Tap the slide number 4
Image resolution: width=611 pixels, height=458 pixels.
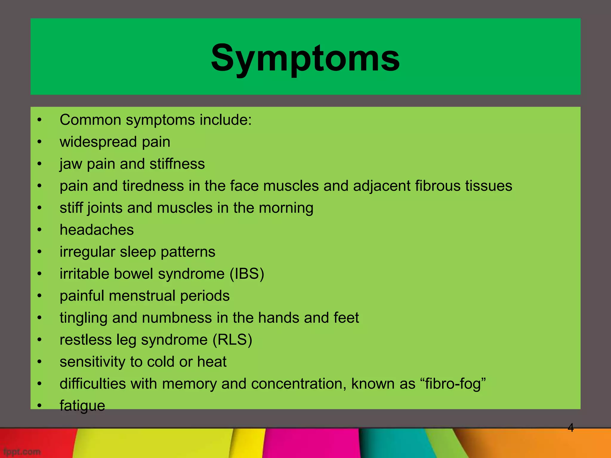click(x=570, y=428)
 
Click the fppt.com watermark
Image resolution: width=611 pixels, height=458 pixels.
click(x=22, y=451)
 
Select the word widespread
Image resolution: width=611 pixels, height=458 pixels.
click(x=98, y=142)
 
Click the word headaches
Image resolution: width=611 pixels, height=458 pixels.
click(x=97, y=230)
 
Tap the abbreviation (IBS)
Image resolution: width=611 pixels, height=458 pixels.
click(x=247, y=274)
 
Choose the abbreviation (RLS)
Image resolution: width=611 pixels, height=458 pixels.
click(x=232, y=340)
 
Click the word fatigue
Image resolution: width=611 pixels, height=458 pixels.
click(x=82, y=406)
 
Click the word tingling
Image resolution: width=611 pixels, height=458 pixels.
click(x=83, y=318)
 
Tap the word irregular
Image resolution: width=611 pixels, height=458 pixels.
click(x=87, y=252)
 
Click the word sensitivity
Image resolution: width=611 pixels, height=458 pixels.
click(x=92, y=362)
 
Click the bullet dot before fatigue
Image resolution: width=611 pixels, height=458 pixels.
click(x=39, y=406)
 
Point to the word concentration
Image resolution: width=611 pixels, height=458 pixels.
click(x=299, y=384)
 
